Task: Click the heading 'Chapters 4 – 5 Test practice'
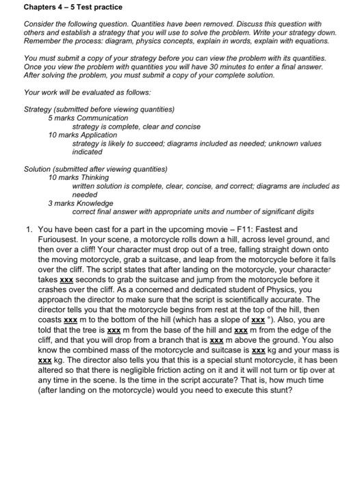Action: pos(63,8)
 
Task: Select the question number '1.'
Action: pos(28,229)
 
